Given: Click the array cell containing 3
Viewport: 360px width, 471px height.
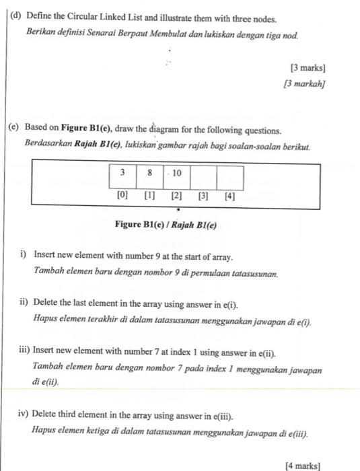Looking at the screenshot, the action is (123, 173).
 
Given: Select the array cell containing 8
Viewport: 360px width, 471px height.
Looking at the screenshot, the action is (149, 173).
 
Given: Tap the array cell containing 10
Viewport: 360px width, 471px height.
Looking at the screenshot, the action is (176, 173).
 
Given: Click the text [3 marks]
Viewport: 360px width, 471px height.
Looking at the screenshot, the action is (308, 68).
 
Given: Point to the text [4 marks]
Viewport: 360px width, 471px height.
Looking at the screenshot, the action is (303, 464).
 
